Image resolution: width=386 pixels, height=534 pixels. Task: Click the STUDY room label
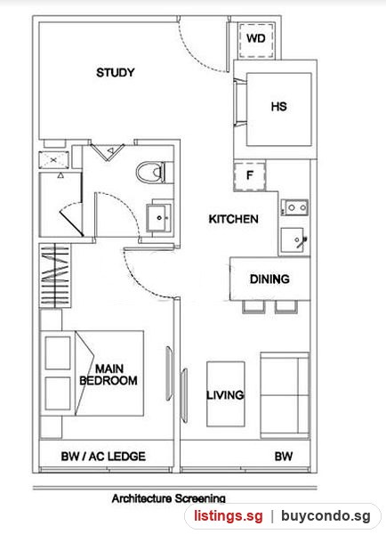coord(116,73)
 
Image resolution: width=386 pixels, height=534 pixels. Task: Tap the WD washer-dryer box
coord(256,40)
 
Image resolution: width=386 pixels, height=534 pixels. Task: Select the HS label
coord(278,107)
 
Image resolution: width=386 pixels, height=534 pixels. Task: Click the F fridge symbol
coord(250,176)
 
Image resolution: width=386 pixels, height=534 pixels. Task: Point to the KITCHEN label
coord(234,219)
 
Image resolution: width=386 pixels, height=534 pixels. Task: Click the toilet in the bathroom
coord(152,173)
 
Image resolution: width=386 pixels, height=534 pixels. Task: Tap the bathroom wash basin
coord(159,218)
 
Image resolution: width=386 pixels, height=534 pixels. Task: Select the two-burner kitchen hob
coord(295,207)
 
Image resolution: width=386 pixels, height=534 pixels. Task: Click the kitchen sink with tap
coord(293,240)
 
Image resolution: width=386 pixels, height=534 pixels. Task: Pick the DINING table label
coord(269,279)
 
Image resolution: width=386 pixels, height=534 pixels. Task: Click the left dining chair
coord(253,306)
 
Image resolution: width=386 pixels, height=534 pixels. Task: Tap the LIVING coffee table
coord(226,394)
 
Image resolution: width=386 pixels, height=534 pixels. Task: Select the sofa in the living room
coord(285,395)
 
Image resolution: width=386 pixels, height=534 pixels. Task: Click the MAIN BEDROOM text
coord(109,375)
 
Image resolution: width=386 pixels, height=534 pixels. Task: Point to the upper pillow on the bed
coord(58,353)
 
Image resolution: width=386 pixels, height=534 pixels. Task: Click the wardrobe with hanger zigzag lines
coord(55,276)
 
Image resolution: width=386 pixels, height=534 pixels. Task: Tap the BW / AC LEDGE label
coord(103,457)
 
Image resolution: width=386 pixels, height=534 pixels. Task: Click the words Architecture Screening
coord(168,498)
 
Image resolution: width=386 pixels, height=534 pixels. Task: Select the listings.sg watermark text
coord(229,516)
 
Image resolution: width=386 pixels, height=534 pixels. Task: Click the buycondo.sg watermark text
coord(326,516)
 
